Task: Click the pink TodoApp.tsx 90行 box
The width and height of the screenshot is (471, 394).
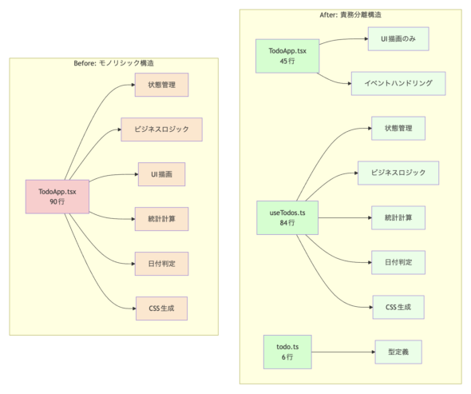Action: (x=57, y=197)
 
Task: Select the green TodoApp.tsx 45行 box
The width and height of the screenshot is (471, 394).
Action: (x=287, y=56)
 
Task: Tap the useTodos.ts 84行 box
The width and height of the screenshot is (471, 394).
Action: (x=287, y=217)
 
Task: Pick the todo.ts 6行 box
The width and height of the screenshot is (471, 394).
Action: (x=287, y=352)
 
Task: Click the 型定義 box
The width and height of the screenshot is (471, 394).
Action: (x=398, y=352)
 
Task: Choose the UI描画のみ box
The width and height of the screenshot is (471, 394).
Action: (x=398, y=39)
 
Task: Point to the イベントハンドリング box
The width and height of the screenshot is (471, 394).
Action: (x=398, y=83)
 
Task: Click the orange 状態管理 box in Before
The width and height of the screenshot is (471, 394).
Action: (x=161, y=85)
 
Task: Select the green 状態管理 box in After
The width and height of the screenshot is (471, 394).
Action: (x=398, y=128)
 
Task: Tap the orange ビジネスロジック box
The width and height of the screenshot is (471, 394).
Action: (x=161, y=129)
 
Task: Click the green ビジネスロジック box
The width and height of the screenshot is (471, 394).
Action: (x=398, y=173)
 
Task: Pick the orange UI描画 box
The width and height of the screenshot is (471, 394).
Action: (x=161, y=174)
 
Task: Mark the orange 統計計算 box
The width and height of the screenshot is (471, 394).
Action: (x=161, y=219)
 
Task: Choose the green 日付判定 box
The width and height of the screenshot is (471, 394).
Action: (x=398, y=262)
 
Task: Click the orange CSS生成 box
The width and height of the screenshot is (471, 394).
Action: (x=161, y=308)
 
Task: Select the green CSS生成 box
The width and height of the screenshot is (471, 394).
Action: (x=398, y=307)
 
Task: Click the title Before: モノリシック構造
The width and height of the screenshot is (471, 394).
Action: (x=114, y=63)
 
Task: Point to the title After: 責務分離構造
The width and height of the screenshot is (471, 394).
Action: (x=350, y=14)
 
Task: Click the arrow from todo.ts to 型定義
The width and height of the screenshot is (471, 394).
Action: (x=343, y=352)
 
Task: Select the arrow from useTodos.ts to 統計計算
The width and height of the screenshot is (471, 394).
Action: (x=345, y=217)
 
